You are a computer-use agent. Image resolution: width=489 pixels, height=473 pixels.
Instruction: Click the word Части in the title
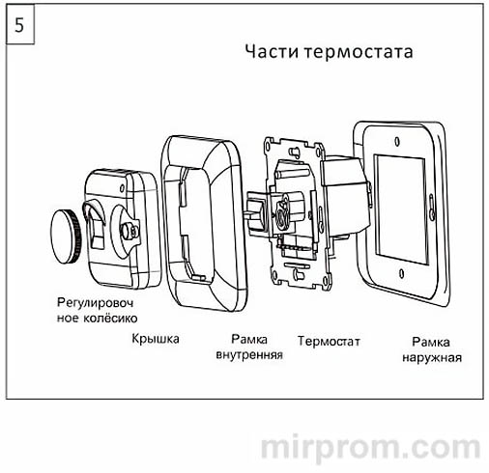click(265, 51)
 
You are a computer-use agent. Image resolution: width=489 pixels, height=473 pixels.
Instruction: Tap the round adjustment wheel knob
click(66, 231)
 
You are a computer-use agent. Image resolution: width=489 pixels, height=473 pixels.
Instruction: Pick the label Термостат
click(330, 341)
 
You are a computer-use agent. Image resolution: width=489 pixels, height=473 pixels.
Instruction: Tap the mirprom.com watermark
click(372, 447)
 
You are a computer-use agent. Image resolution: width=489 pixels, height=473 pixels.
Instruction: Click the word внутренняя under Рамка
click(248, 354)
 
